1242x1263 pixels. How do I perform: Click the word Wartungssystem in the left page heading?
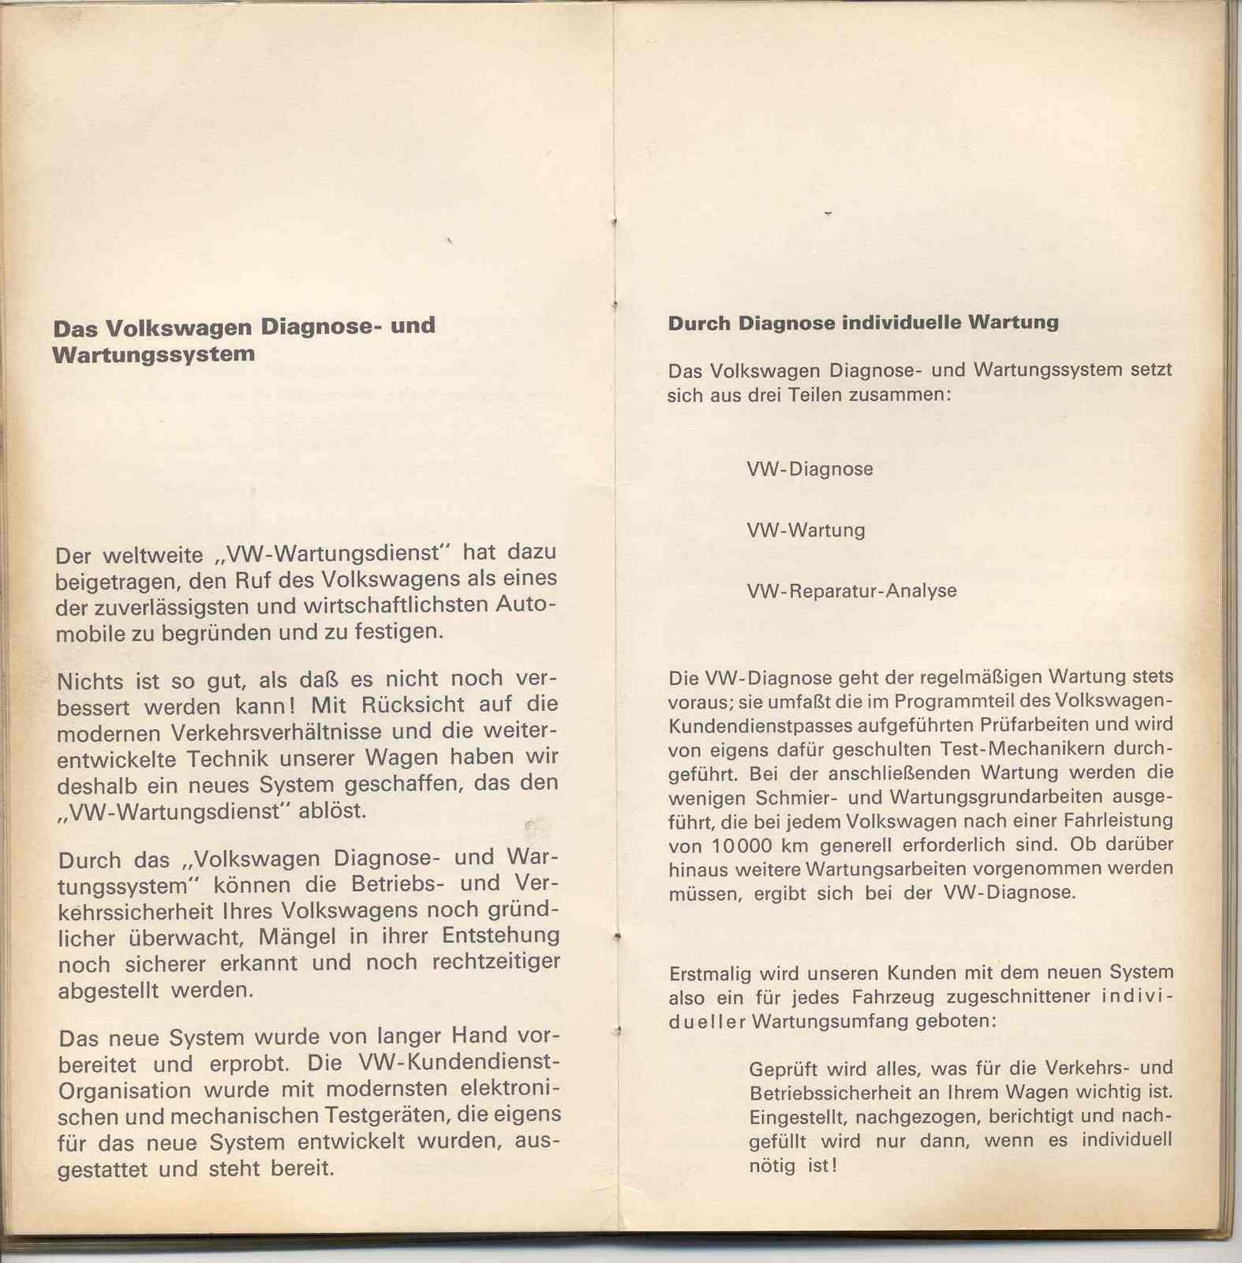(154, 354)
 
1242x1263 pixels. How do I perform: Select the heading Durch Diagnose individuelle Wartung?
(863, 323)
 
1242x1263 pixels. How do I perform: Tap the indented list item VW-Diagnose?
(810, 469)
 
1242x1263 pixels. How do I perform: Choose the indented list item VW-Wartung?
(806, 530)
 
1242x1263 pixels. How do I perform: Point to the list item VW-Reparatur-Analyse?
(851, 591)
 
